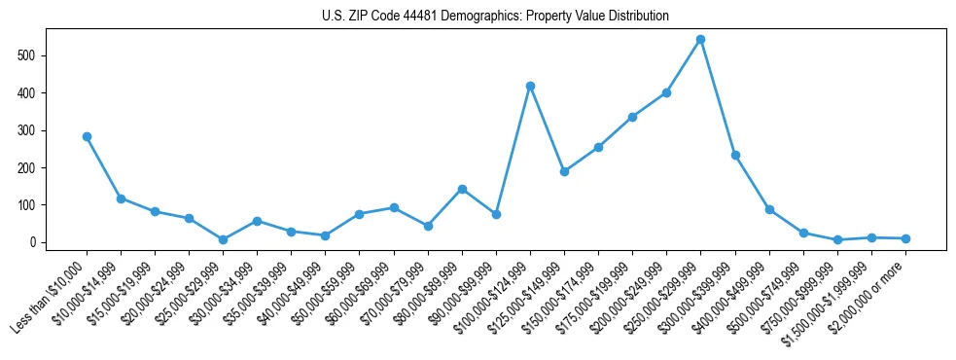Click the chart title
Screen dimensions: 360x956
click(x=495, y=17)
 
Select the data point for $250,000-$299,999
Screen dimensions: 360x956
click(x=700, y=40)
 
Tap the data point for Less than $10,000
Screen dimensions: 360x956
click(x=87, y=136)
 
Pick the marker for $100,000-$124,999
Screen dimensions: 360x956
click(x=530, y=86)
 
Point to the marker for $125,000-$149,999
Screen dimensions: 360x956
click(x=564, y=171)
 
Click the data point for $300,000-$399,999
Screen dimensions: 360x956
click(x=735, y=155)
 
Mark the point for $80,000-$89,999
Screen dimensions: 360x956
click(x=462, y=189)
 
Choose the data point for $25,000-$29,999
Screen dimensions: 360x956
click(x=223, y=239)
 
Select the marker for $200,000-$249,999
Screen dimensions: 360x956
click(x=666, y=92)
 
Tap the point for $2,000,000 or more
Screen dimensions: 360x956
click(x=905, y=238)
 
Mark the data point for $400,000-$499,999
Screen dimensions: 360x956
click(x=769, y=209)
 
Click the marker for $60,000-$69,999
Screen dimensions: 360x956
click(x=394, y=207)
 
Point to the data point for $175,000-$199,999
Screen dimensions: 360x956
click(x=632, y=117)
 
